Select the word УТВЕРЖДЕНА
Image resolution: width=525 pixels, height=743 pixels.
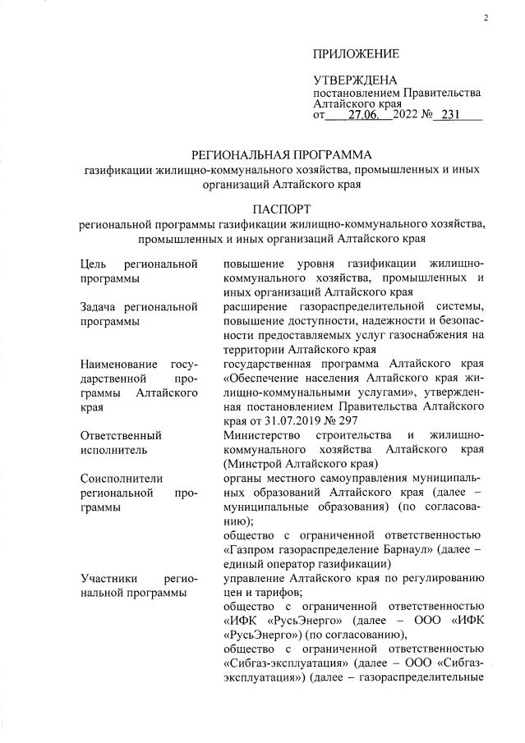click(355, 80)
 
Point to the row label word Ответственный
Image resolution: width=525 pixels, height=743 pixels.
click(123, 434)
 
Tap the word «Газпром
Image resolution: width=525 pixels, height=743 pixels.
click(253, 550)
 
